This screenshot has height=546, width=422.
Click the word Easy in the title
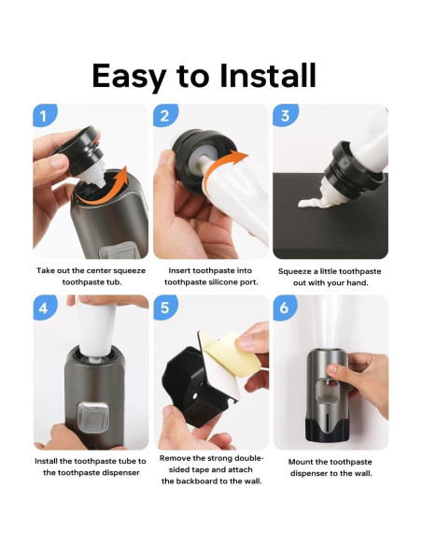click(x=141, y=76)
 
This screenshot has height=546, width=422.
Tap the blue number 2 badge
click(x=164, y=116)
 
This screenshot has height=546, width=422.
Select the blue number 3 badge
click(x=284, y=116)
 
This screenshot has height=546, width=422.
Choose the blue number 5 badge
click(x=164, y=308)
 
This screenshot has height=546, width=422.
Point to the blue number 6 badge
click(x=284, y=308)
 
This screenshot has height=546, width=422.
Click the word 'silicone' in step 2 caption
click(x=228, y=281)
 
